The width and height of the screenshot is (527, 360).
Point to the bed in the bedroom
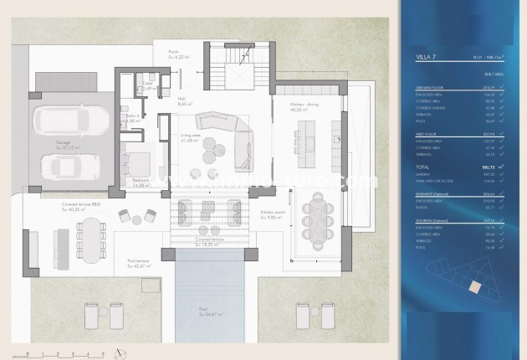[x=139, y=163]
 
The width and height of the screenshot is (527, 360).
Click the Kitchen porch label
[x=274, y=212]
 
